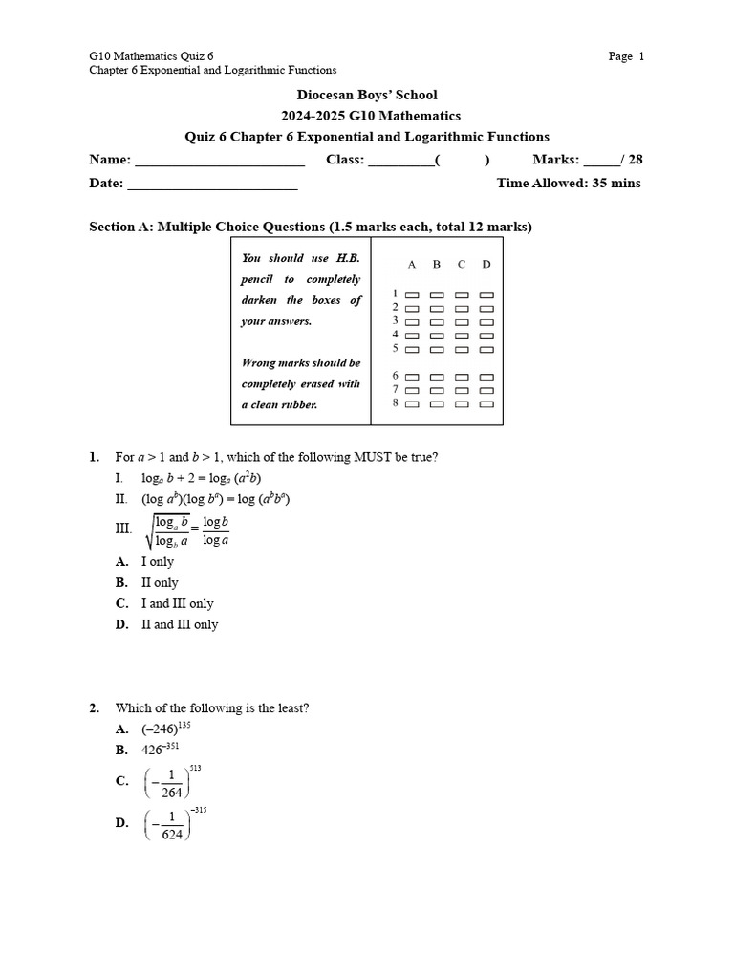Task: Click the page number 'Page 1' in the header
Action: pyautogui.click(x=626, y=56)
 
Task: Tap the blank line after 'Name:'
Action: pyautogui.click(x=220, y=161)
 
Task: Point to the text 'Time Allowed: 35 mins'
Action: pyautogui.click(x=569, y=183)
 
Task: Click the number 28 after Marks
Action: pyautogui.click(x=635, y=160)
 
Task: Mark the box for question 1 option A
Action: pyautogui.click(x=413, y=295)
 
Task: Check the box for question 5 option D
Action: pyautogui.click(x=486, y=349)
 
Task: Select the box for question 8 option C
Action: pyautogui.click(x=462, y=404)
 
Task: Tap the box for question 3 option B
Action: pyautogui.click(x=437, y=322)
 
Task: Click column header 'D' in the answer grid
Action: pyautogui.click(x=486, y=264)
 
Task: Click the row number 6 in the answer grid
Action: pyautogui.click(x=395, y=377)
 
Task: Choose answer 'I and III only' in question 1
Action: pyautogui.click(x=178, y=603)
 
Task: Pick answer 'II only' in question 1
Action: pyautogui.click(x=160, y=582)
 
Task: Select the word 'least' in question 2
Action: pyautogui.click(x=288, y=707)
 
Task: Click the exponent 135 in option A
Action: pyautogui.click(x=185, y=724)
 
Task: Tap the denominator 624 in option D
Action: pyautogui.click(x=172, y=833)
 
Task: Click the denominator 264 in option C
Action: pyautogui.click(x=172, y=792)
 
